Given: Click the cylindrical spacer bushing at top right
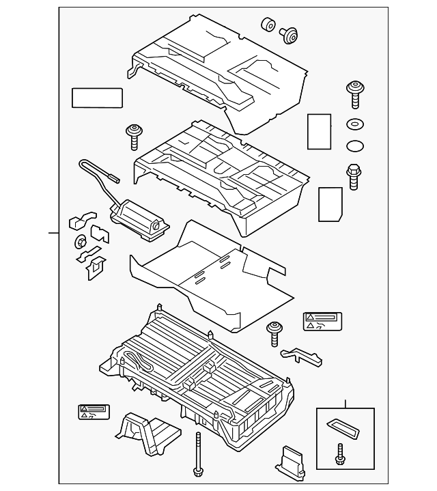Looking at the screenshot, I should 267,25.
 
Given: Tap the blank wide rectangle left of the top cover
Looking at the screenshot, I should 97,98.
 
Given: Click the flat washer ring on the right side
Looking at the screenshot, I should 355,125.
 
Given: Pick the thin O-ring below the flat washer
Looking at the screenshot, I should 355,145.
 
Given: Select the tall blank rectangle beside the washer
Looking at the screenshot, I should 319,130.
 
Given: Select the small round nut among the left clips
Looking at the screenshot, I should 80,241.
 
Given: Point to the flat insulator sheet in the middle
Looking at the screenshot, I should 205,273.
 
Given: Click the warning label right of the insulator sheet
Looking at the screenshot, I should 322,322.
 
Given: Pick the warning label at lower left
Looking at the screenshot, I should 95,411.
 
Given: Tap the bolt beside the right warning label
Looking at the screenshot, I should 275,333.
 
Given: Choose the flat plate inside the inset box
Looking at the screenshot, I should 345,429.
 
